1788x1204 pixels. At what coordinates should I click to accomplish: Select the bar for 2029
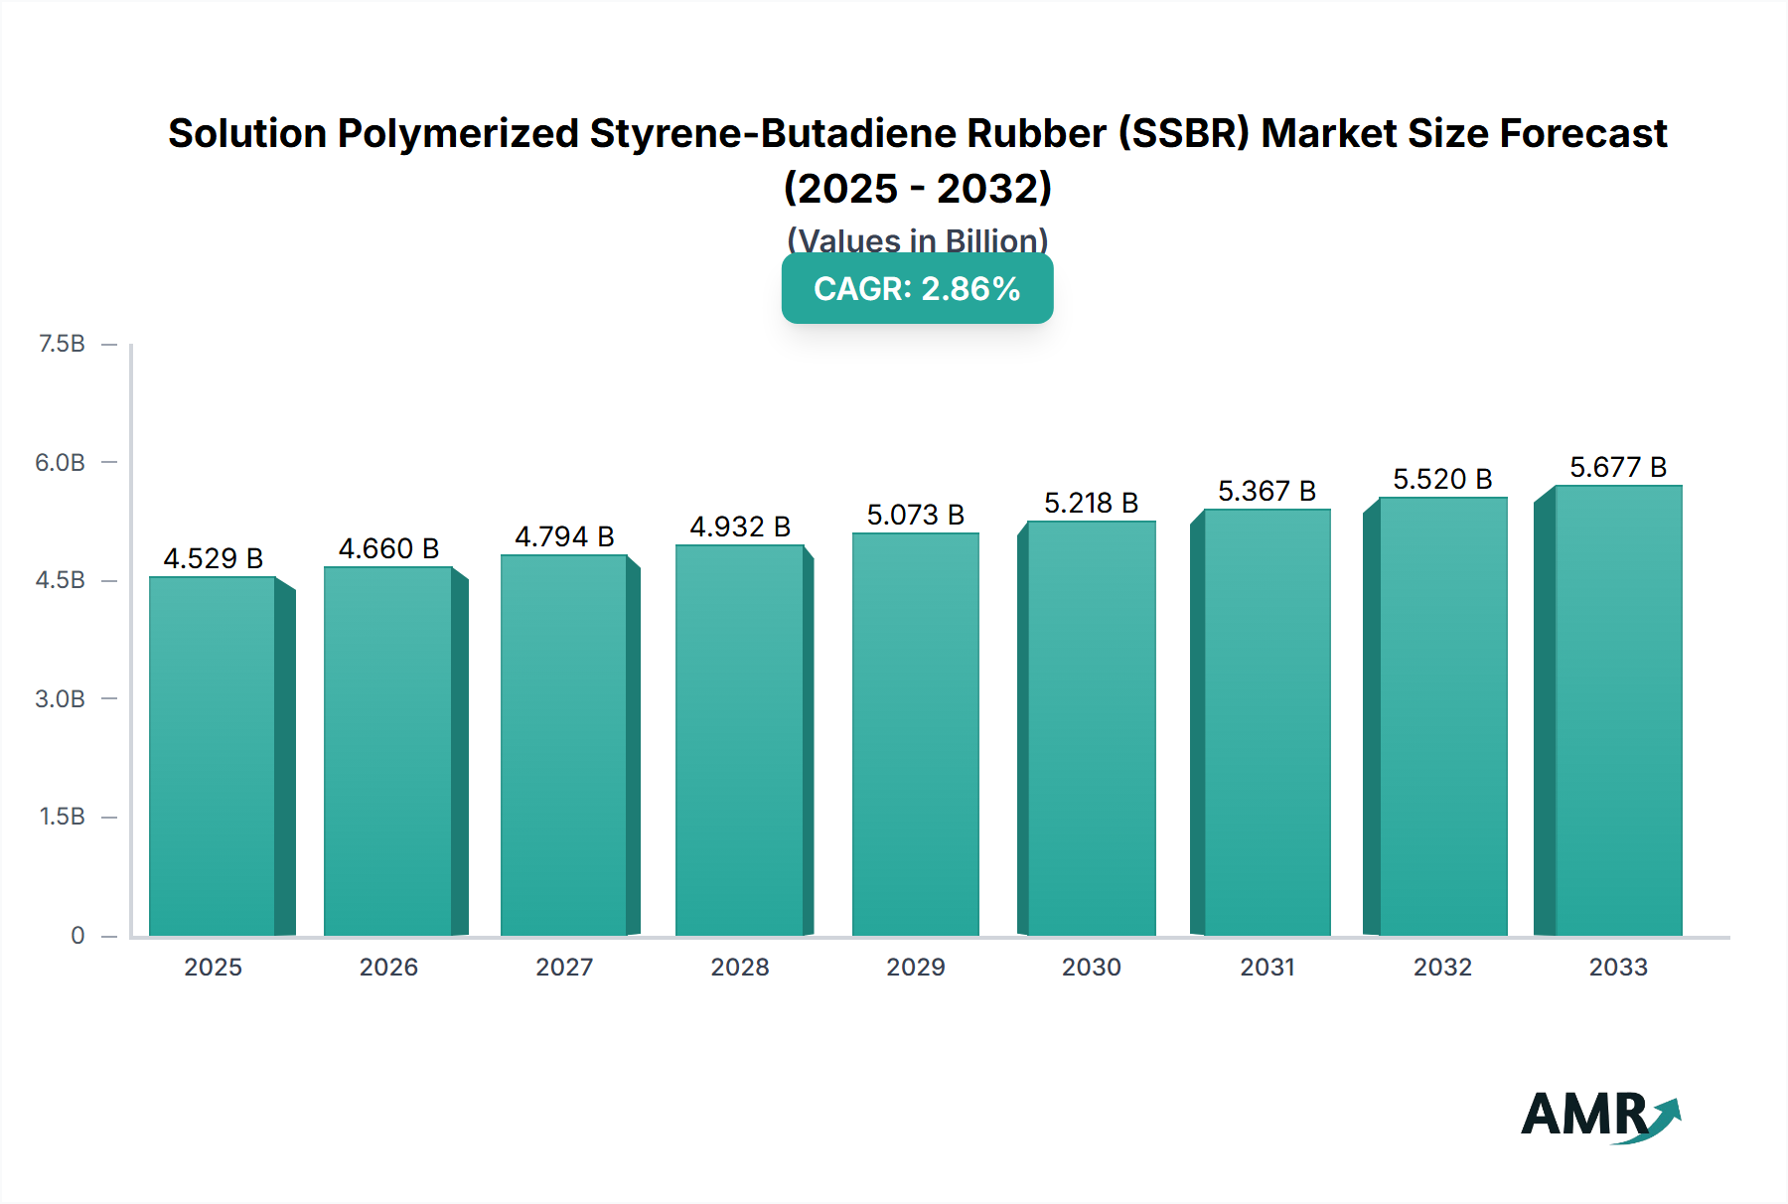pos(915,735)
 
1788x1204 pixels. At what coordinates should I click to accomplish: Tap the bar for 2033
pos(1617,710)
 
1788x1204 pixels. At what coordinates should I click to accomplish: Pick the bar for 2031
pos(1266,722)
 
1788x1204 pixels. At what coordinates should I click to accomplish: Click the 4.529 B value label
pos(213,558)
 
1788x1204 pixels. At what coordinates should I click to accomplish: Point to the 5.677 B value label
pos(1617,467)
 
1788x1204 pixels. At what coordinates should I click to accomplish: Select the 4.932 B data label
pos(740,527)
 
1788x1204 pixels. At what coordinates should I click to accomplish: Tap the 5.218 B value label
pos(1091,503)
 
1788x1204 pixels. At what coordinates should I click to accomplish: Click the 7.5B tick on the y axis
pos(62,344)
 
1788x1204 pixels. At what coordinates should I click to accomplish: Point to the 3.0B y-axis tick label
pos(61,698)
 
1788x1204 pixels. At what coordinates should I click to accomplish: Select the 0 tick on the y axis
pos(77,935)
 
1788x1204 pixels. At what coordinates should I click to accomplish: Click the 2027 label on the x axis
pos(564,967)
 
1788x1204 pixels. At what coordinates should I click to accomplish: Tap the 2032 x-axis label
pos(1442,967)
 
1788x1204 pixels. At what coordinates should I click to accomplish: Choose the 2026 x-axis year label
pos(388,967)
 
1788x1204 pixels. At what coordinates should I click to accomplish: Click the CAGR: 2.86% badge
pos(917,289)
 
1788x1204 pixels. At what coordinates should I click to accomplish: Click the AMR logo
pos(1599,1115)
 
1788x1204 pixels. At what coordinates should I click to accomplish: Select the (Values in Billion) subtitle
pos(917,239)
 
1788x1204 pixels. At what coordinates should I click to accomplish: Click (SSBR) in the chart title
pos(1184,133)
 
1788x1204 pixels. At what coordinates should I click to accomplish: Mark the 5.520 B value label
pos(1442,479)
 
